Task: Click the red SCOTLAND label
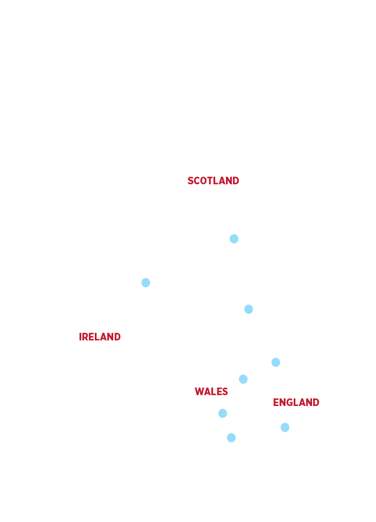pyautogui.click(x=213, y=181)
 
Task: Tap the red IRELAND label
pyautogui.click(x=100, y=337)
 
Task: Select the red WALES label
pyautogui.click(x=211, y=391)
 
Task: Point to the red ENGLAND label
pyautogui.click(x=296, y=402)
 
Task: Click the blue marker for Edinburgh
pyautogui.click(x=234, y=239)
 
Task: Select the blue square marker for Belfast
pyautogui.click(x=145, y=282)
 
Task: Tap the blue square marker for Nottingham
pyautogui.click(x=276, y=362)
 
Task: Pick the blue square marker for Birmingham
pyautogui.click(x=243, y=379)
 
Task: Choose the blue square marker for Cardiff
pyautogui.click(x=223, y=413)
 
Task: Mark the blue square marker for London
pyautogui.click(x=285, y=428)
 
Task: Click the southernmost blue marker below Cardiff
pyautogui.click(x=231, y=438)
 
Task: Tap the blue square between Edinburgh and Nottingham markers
pyautogui.click(x=249, y=309)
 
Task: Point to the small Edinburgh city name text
pyautogui.click(x=239, y=247)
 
